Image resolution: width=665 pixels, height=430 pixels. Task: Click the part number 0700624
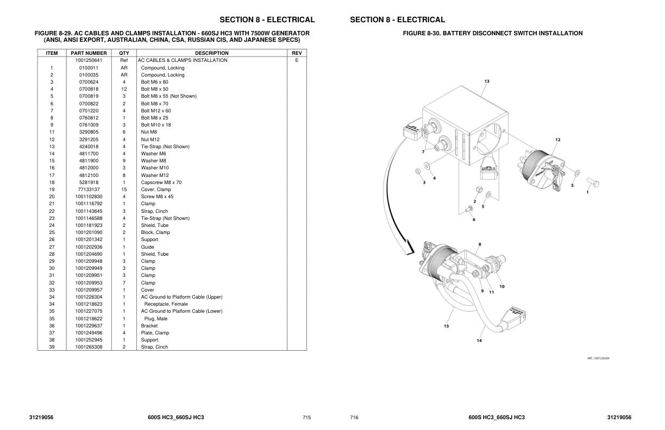tap(89, 82)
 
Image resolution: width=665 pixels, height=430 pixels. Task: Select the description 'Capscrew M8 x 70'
tap(161, 182)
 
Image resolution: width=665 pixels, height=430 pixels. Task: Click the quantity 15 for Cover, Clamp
tap(124, 189)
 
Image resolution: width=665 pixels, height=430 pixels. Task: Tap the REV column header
tap(297, 53)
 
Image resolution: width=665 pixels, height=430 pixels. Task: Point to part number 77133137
tap(89, 189)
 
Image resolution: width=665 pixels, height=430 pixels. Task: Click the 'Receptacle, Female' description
tap(166, 304)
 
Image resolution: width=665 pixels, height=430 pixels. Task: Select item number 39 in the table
tap(52, 347)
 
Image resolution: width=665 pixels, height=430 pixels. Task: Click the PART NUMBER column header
tap(89, 53)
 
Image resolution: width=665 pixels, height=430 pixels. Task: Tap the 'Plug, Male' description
tap(156, 319)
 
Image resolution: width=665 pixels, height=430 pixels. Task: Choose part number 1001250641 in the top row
tap(89, 61)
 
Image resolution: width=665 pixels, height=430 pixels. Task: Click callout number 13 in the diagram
tap(487, 81)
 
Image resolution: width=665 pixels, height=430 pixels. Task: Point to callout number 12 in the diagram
tap(558, 140)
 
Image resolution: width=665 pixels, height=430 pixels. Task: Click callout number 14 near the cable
tap(479, 340)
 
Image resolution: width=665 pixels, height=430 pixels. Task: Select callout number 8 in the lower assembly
tap(480, 244)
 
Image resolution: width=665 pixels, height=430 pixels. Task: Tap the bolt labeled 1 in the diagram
tap(593, 182)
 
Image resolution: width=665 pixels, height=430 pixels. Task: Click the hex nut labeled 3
tap(417, 171)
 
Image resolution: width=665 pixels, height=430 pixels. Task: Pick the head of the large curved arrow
tap(410, 249)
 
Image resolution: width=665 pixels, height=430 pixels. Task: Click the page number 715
tap(306, 418)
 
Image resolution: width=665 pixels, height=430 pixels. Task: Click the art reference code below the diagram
tap(598, 358)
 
